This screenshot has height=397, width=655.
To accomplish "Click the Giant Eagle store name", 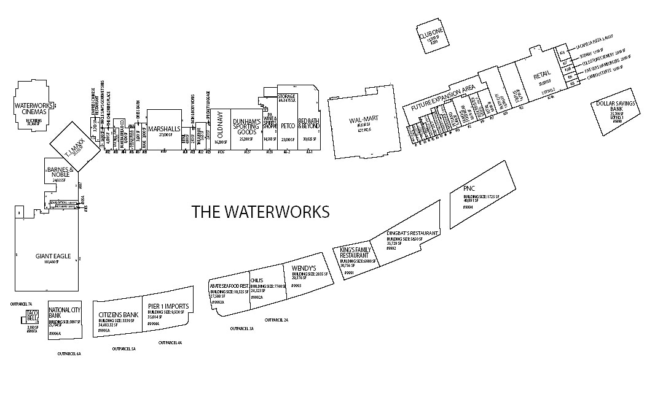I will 47,256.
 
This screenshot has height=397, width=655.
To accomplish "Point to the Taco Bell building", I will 32,317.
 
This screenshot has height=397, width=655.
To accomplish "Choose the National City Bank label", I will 65,313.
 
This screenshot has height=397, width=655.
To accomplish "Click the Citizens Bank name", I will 119,315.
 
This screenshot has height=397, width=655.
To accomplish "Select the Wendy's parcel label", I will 304,269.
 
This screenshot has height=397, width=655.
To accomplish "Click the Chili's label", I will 257,280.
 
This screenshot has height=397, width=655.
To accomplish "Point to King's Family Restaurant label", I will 355,253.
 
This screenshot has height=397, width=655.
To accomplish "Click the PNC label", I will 471,188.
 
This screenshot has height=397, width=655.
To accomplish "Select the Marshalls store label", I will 164,129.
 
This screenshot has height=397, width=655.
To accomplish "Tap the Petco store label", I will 288,126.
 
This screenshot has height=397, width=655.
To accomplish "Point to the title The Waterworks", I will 261,212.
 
